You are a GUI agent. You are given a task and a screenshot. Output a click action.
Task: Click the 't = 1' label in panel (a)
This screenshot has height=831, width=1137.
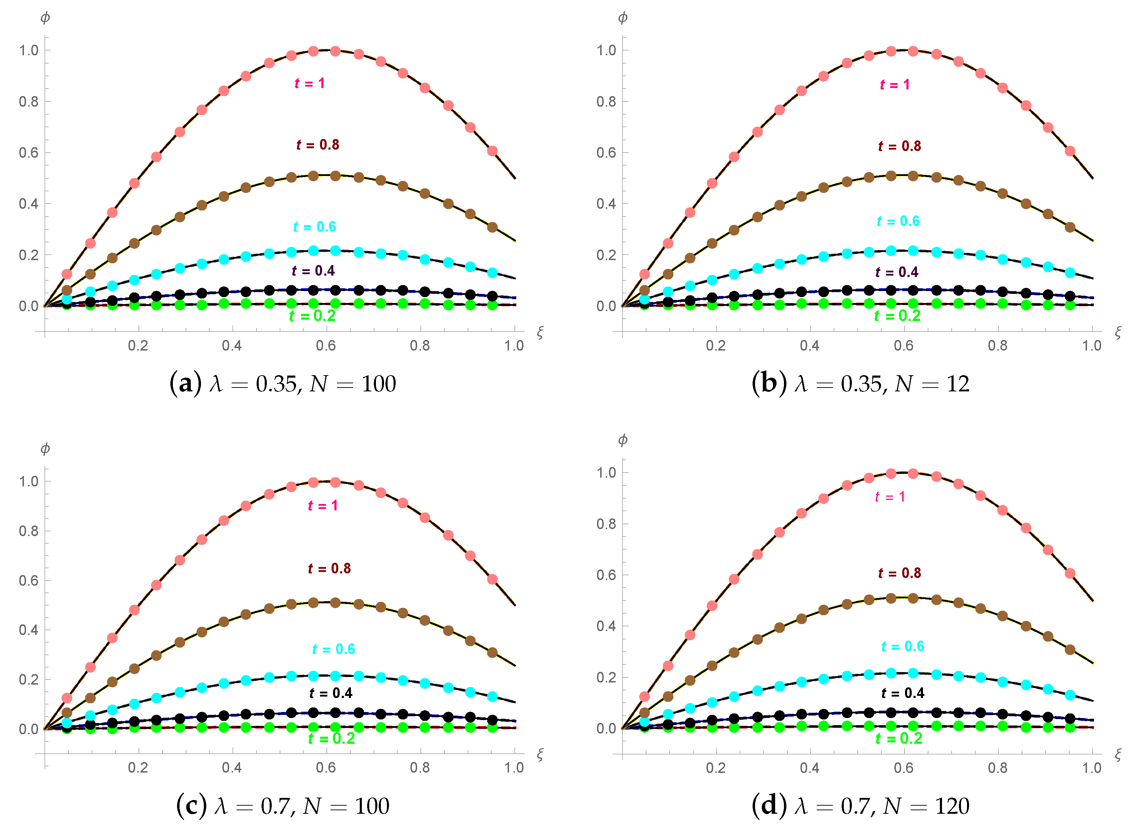(x=309, y=83)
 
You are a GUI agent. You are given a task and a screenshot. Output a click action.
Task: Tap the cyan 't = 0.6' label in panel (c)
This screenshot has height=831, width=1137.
(x=333, y=649)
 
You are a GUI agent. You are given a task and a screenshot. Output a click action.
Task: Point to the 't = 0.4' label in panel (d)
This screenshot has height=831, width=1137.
(x=903, y=693)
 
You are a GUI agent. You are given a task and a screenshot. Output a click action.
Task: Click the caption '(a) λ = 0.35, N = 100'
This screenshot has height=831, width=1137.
(x=283, y=384)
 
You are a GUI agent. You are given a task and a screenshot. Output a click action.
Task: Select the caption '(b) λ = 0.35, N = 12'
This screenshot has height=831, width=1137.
(x=860, y=384)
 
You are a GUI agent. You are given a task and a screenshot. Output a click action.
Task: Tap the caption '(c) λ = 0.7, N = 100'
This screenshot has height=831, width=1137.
(x=283, y=806)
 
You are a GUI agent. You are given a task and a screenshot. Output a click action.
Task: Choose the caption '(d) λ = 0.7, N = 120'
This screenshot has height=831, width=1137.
(x=860, y=806)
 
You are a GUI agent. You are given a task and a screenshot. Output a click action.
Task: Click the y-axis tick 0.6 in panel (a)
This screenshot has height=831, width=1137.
(x=28, y=153)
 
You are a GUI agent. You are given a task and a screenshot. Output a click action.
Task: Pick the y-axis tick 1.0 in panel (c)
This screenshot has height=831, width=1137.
(x=28, y=481)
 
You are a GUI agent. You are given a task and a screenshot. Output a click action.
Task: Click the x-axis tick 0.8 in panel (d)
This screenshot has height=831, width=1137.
(x=997, y=768)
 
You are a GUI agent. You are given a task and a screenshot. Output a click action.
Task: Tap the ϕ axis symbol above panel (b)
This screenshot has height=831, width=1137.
(x=622, y=18)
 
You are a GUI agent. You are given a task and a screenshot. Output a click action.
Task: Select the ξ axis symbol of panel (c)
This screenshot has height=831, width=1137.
(x=540, y=754)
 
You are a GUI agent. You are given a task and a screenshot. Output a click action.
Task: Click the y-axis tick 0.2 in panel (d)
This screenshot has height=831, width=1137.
(x=606, y=678)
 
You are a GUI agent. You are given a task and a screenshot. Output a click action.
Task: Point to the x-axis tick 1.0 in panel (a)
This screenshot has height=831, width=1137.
(x=514, y=346)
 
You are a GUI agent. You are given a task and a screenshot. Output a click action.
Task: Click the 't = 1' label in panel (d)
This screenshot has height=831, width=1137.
(x=890, y=497)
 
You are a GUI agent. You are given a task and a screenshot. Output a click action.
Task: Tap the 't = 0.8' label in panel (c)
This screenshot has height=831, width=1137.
(x=329, y=569)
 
